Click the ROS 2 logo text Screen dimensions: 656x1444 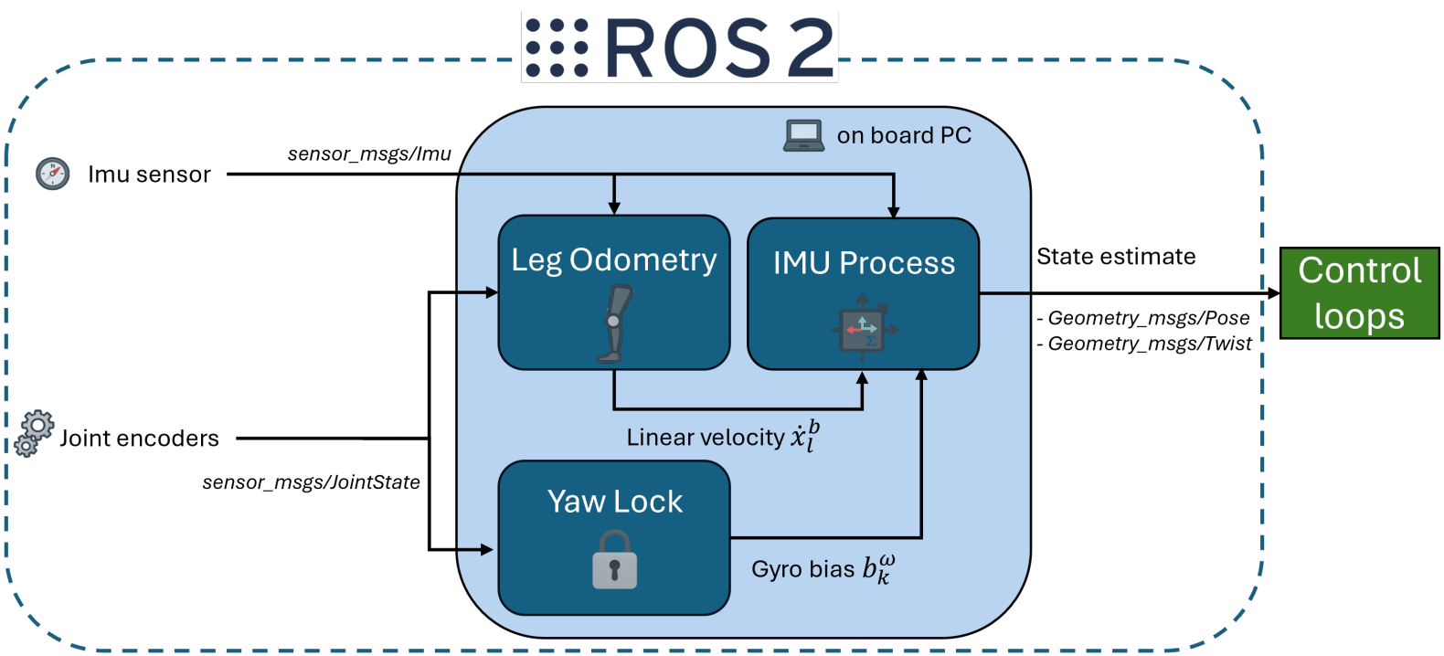click(719, 48)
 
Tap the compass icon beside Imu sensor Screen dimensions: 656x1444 click(52, 173)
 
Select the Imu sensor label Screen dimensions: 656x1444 click(149, 175)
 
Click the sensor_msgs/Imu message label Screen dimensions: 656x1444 click(369, 153)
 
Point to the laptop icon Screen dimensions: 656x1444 click(803, 135)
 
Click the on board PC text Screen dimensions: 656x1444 click(904, 135)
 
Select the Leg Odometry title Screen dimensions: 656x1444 click(613, 259)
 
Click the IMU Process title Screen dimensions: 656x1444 click(864, 263)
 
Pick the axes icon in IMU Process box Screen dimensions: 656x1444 click(863, 328)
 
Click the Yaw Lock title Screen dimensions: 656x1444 click(614, 502)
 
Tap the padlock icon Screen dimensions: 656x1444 click(614, 561)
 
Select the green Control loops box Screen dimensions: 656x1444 click(1359, 293)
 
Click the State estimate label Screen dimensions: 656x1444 click(1116, 257)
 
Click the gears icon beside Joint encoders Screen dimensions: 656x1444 click(35, 433)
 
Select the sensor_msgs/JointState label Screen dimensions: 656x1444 click(311, 482)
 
